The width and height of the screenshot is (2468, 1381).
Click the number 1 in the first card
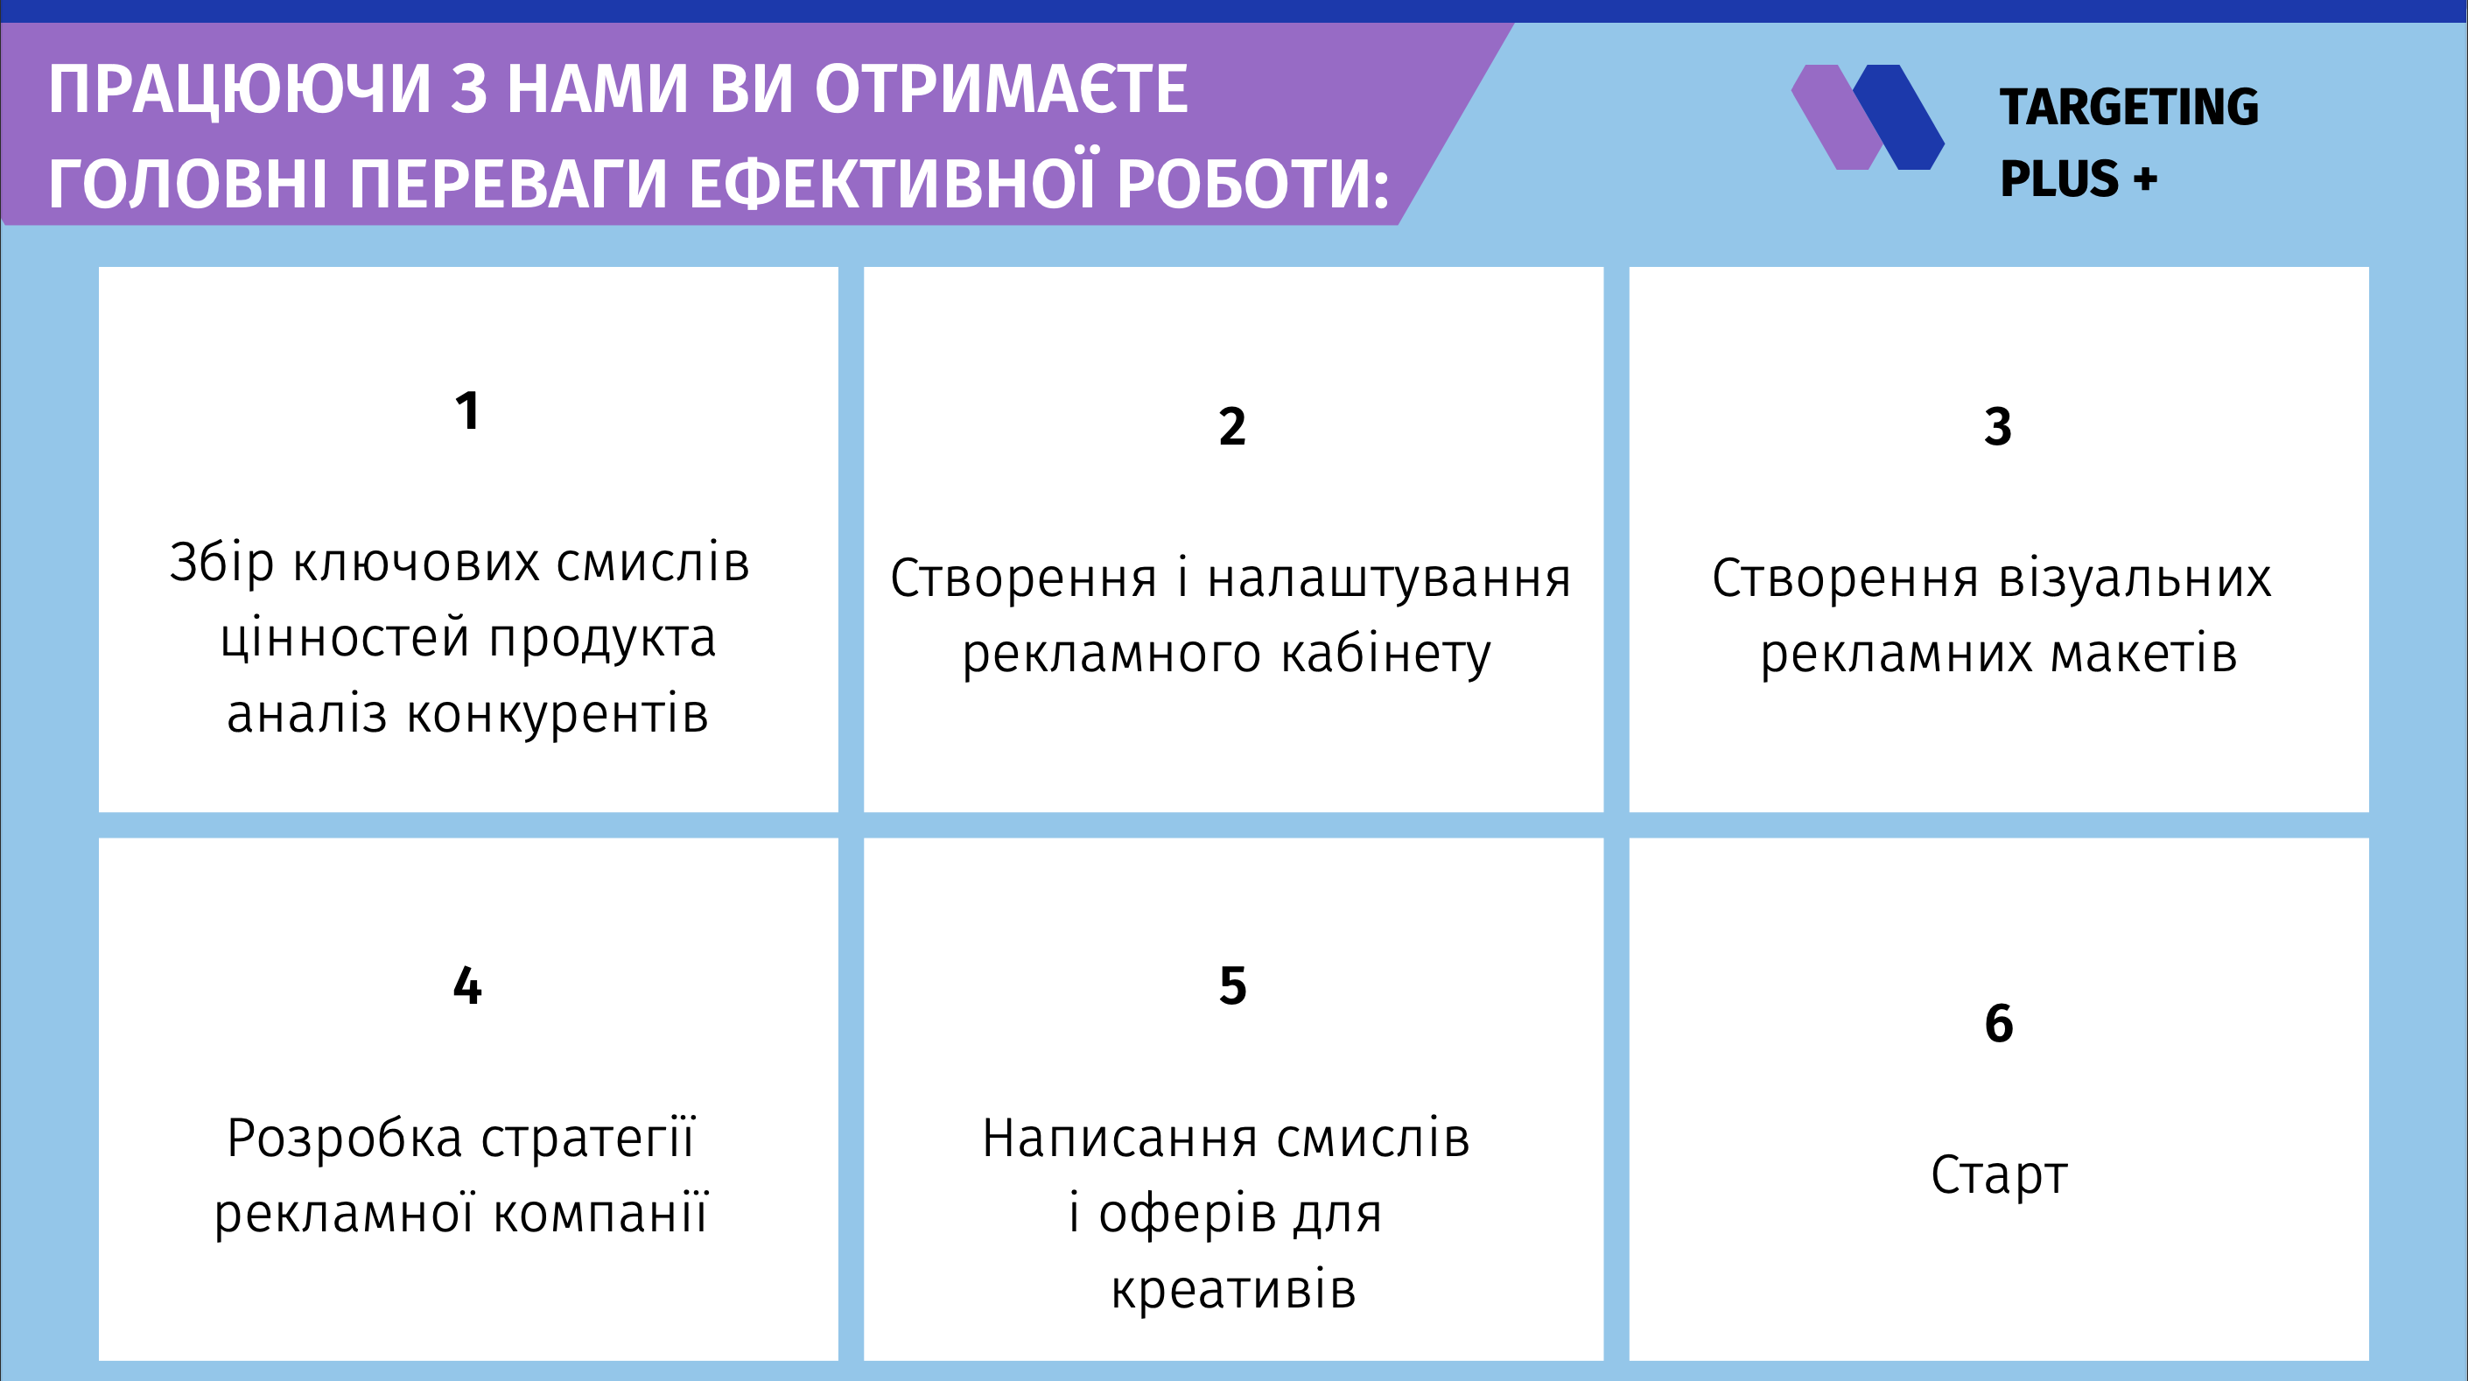(x=466, y=411)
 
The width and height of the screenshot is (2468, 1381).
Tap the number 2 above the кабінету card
(x=1232, y=426)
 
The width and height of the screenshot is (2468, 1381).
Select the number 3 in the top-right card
(x=1997, y=426)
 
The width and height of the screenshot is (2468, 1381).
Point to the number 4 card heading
(x=466, y=986)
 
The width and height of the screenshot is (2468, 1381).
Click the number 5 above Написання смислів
(x=1232, y=986)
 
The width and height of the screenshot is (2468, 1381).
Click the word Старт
(x=1999, y=1176)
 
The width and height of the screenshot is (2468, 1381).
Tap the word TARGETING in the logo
(x=2128, y=107)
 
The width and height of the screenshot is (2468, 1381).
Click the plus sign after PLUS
(x=2145, y=179)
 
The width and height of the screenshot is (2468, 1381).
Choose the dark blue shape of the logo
(x=1899, y=117)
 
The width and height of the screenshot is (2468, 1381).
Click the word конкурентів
(x=557, y=715)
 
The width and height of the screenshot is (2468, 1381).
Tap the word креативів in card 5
(x=1233, y=1289)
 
